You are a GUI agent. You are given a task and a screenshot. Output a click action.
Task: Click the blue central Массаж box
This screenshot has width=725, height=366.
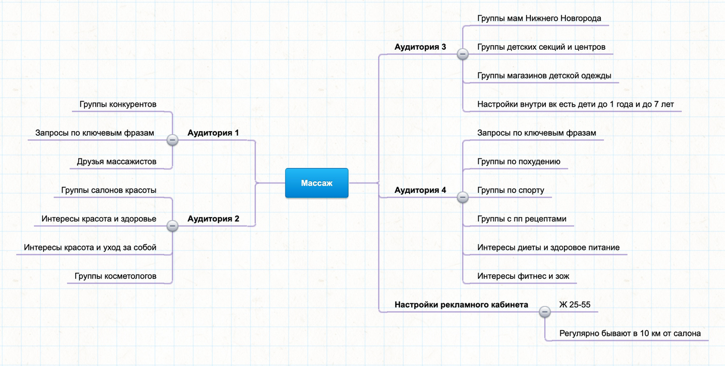[316, 183]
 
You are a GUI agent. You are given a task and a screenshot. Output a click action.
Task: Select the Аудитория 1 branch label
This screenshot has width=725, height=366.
[213, 133]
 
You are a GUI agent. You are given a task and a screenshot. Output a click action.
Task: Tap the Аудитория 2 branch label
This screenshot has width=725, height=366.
[213, 219]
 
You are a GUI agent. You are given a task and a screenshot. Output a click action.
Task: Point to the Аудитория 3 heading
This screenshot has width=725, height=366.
[420, 47]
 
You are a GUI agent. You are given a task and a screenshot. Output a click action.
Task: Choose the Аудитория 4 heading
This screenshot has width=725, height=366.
[420, 190]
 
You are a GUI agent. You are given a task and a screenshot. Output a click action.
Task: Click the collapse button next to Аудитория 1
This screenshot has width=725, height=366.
[172, 140]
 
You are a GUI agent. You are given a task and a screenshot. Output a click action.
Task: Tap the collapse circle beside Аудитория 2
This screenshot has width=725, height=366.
[172, 226]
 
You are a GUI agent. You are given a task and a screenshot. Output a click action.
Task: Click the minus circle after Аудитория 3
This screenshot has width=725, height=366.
[462, 54]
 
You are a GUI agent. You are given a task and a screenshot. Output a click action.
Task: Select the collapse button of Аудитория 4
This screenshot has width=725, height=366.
[462, 197]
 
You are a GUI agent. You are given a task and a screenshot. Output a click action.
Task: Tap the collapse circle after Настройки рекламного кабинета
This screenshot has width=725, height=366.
[545, 312]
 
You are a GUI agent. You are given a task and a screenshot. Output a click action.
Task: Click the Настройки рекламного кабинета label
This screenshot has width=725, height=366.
[461, 305]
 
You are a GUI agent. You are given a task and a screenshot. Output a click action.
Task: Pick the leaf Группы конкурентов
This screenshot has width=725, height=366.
[118, 104]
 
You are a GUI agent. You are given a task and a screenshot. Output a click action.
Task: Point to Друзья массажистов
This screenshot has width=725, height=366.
[117, 162]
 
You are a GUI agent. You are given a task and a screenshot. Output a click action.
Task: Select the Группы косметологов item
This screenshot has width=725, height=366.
[115, 276]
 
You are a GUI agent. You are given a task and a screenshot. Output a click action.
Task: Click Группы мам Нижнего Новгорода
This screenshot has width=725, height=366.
[539, 19]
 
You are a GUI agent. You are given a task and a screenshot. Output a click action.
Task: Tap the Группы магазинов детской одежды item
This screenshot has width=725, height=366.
[544, 76]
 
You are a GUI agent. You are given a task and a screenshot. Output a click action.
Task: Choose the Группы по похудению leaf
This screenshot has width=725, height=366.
[519, 162]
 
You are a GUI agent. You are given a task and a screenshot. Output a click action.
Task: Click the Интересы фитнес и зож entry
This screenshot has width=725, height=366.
[524, 276]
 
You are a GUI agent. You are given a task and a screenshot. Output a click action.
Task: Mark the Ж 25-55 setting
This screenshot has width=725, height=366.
[575, 305]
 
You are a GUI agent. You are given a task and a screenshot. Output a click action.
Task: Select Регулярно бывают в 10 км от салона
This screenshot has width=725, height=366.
[630, 334]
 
